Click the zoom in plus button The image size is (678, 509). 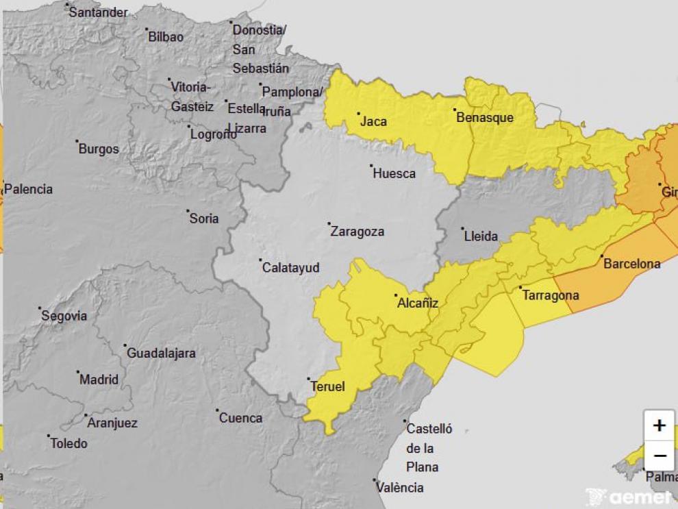click(659, 425)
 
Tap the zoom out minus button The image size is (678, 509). click(659, 456)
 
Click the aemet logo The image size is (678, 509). click(630, 497)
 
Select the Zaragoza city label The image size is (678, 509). click(357, 232)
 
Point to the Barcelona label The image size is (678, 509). click(631, 264)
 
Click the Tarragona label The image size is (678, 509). click(550, 296)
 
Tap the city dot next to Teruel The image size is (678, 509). click(308, 379)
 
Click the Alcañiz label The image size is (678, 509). click(417, 303)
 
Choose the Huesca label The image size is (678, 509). click(394, 174)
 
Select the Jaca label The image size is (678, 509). click(373, 122)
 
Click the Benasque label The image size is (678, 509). click(484, 118)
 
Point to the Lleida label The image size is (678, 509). click(481, 237)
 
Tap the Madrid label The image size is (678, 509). click(99, 380)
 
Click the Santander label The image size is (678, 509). click(98, 12)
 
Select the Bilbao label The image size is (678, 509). click(166, 37)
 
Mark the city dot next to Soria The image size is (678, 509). click(188, 211)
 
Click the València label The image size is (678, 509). click(400, 488)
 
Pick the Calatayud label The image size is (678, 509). click(291, 268)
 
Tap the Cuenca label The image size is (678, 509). click(240, 418)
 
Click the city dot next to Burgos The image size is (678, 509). click(77, 142)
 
